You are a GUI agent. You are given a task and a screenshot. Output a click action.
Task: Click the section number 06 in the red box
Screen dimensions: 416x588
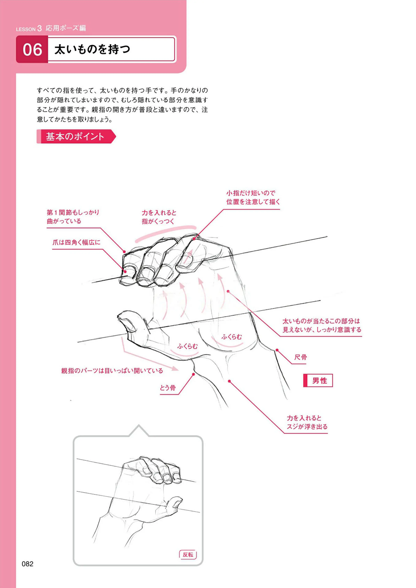coord(32,50)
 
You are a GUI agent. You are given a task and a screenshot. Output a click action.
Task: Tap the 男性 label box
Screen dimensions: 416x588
coord(318,380)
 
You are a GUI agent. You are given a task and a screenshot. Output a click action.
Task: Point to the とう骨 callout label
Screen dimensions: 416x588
coord(168,388)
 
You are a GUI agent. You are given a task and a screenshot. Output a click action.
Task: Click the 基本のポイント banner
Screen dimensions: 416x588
coord(76,136)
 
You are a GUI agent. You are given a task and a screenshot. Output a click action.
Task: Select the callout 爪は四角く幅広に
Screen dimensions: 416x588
coord(76,242)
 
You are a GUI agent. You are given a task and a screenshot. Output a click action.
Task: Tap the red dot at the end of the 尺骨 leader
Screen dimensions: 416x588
coord(277,350)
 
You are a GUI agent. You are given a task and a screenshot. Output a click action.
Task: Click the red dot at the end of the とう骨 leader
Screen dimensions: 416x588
coord(193,374)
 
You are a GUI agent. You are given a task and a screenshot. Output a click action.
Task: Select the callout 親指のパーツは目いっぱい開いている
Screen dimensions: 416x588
coord(112,371)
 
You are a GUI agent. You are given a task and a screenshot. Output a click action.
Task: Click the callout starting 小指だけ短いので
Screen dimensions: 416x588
coord(253,197)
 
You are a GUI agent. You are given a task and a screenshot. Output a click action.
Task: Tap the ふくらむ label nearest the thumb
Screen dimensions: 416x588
coord(187,346)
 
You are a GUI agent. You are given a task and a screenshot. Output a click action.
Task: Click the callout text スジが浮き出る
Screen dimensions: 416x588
coord(307,427)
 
